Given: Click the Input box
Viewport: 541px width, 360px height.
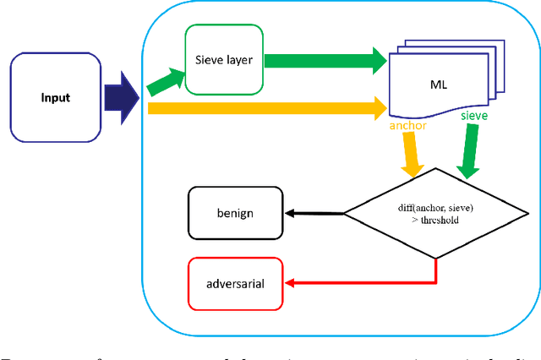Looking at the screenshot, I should tap(57, 96).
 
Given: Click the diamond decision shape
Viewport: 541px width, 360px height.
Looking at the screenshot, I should tap(436, 212).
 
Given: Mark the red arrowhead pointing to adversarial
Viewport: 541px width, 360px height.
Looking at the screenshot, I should tap(289, 283).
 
